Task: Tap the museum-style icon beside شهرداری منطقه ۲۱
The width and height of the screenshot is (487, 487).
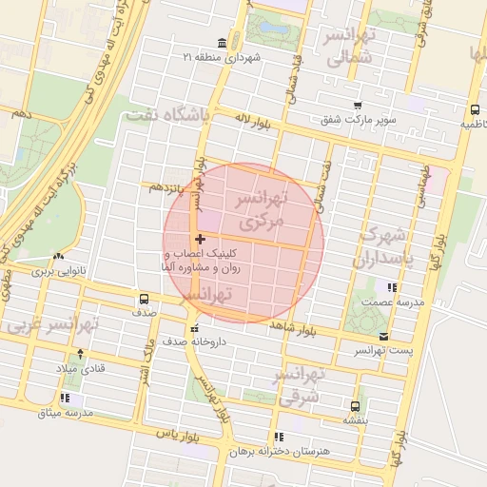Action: pyautogui.click(x=222, y=44)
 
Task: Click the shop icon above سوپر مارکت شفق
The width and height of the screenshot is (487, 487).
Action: pyautogui.click(x=357, y=106)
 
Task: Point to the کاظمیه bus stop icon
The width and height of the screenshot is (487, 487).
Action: pyautogui.click(x=475, y=109)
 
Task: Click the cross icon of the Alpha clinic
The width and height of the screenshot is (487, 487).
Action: pyautogui.click(x=199, y=239)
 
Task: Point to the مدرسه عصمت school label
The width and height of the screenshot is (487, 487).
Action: pyautogui.click(x=391, y=302)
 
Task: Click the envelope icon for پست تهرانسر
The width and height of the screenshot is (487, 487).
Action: pyautogui.click(x=383, y=337)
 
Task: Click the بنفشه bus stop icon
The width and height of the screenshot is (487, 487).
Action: pyautogui.click(x=355, y=406)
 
